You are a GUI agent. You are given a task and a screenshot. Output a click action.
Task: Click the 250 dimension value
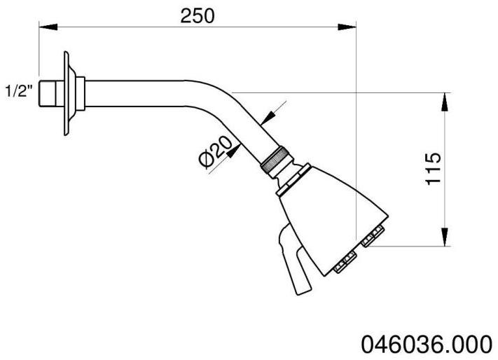point(197,15)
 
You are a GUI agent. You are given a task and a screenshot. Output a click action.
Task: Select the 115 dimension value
point(434,169)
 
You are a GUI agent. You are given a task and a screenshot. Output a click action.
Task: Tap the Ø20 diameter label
point(215,151)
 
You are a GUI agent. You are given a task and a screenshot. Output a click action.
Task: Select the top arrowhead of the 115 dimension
point(444,102)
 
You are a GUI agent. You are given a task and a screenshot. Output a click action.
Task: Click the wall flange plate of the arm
point(67,92)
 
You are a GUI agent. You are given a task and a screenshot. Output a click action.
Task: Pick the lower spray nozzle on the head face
point(343,264)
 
